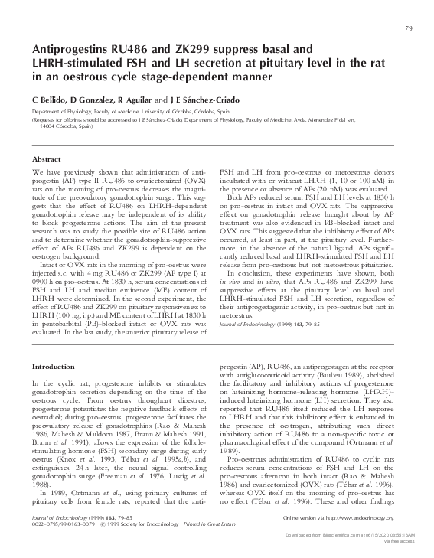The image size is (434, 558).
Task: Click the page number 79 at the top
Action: click(408, 29)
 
